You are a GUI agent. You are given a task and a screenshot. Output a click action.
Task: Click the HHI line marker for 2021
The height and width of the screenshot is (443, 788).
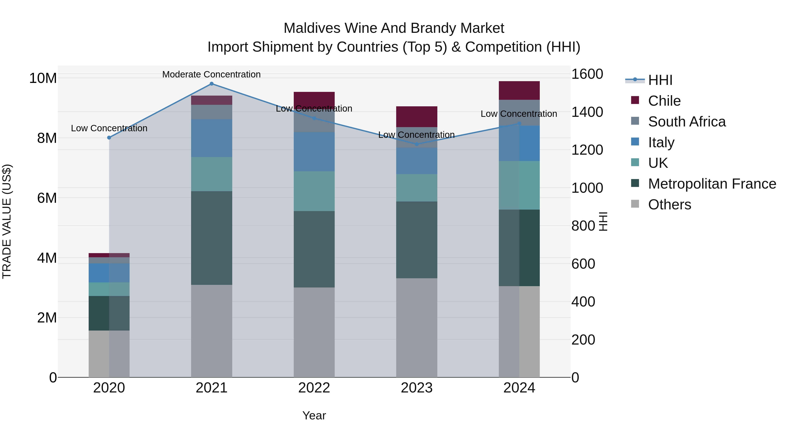tap(211, 84)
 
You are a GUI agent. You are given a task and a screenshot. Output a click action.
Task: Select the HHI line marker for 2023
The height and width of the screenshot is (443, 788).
tap(417, 144)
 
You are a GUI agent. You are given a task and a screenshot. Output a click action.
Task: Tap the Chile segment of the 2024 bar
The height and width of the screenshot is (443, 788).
tap(519, 91)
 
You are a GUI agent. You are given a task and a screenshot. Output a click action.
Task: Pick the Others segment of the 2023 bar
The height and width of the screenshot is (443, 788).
tap(417, 327)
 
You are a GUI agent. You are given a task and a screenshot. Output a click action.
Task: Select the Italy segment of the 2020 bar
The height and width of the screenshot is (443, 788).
tap(109, 273)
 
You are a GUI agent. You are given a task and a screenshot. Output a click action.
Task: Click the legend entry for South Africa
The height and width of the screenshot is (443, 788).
tap(686, 122)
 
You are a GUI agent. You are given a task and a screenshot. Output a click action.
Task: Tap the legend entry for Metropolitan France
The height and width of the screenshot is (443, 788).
tap(712, 184)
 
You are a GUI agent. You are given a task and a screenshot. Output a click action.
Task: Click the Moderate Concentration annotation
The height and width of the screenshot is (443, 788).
tap(211, 74)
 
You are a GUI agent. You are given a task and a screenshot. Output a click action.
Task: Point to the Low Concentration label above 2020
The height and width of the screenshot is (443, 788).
tap(109, 128)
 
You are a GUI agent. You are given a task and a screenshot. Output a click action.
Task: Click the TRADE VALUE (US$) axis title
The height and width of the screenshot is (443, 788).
tap(7, 221)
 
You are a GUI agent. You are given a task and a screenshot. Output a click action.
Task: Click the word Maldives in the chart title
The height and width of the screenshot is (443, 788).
tap(312, 28)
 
